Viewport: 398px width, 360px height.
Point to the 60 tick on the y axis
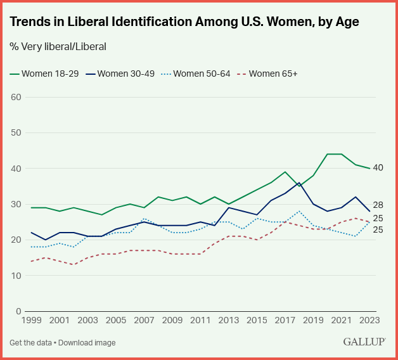[16, 98]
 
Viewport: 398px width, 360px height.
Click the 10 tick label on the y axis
[16, 276]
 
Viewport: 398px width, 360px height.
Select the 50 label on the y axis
[16, 133]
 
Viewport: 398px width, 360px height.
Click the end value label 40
[378, 168]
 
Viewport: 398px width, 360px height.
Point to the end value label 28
[378, 205]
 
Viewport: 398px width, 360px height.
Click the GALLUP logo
[366, 342]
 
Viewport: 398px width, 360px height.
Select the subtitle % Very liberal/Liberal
[58, 46]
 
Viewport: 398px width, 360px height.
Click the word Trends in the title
[29, 22]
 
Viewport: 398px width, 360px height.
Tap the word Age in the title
[347, 22]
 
